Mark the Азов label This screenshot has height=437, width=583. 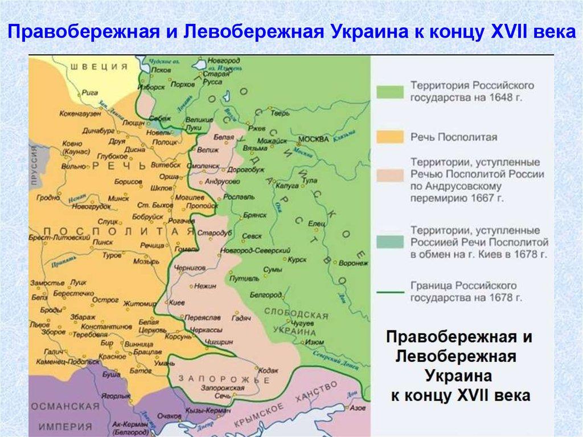[357, 409]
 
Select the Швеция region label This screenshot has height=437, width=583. [99, 67]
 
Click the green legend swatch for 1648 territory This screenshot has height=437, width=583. [388, 92]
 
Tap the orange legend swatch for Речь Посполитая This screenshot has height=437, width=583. [388, 137]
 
